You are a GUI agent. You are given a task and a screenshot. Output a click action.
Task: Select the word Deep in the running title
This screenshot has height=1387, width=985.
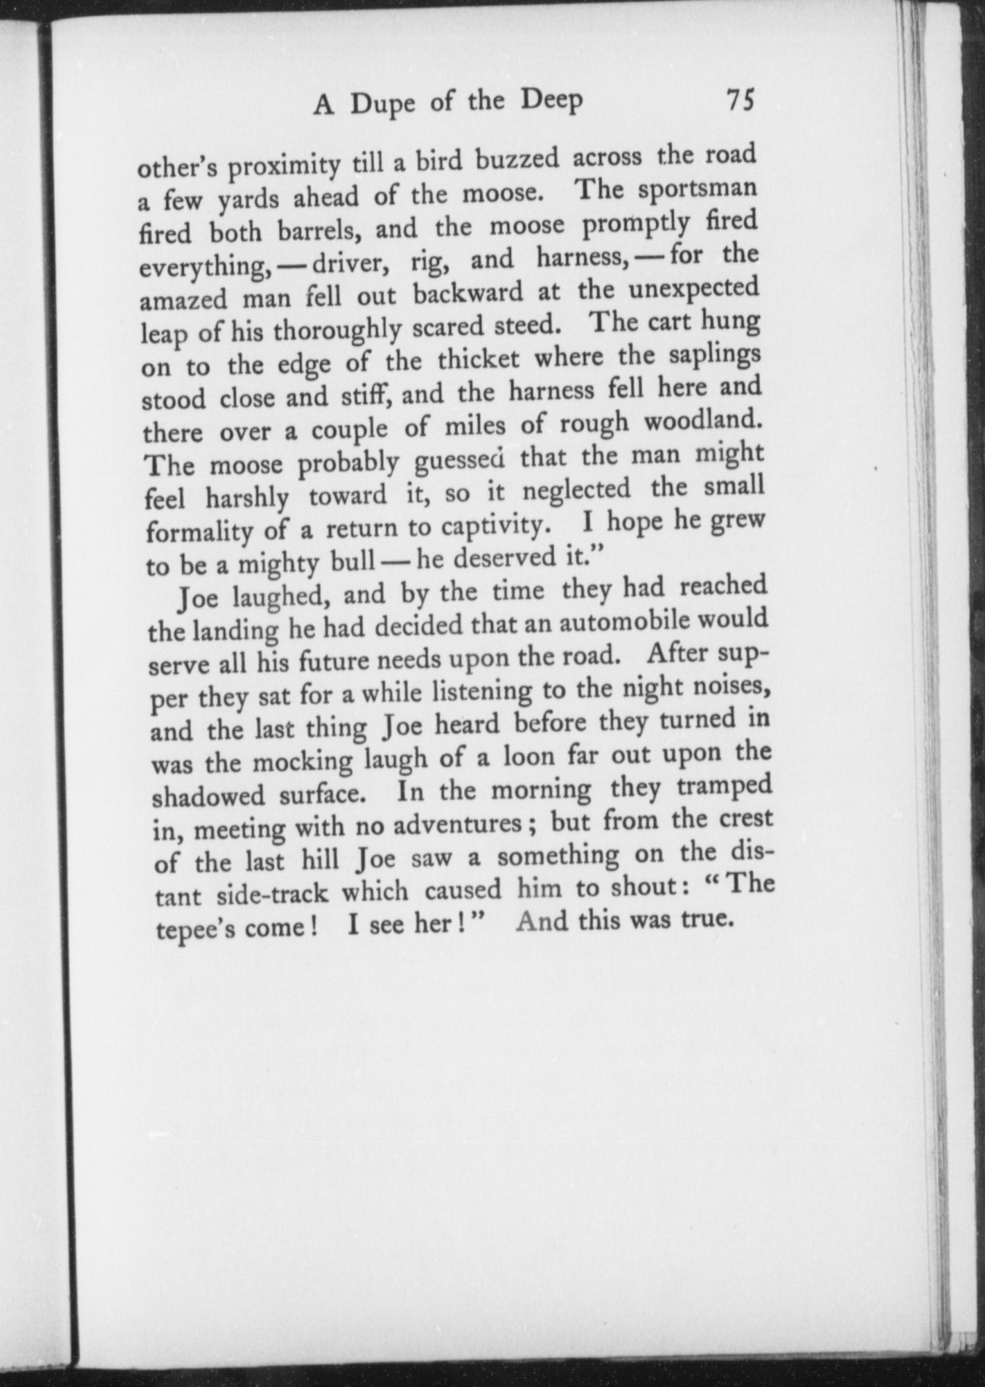[551, 101]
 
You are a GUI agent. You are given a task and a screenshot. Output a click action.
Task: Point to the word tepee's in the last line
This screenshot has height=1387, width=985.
[197, 929]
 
